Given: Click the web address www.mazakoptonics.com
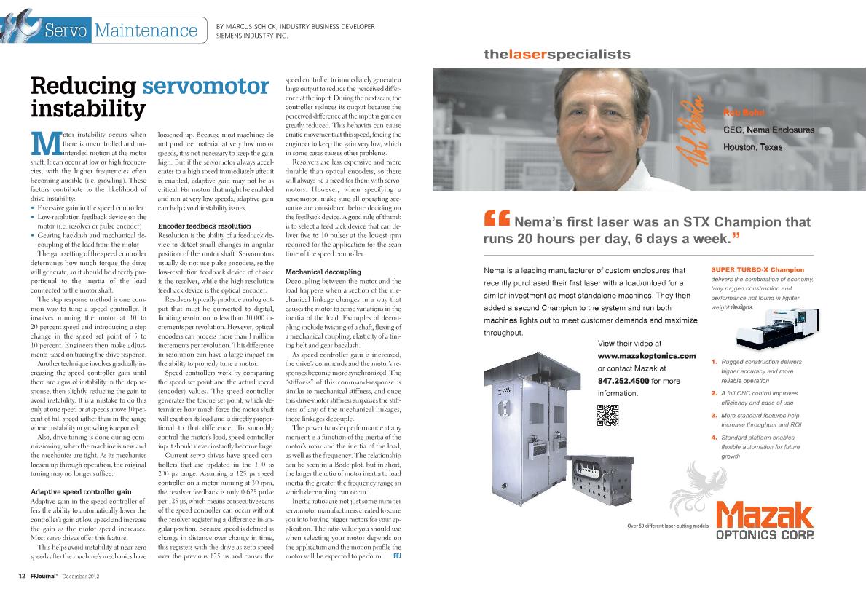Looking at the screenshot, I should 647,355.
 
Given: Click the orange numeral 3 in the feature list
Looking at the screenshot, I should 714,415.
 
